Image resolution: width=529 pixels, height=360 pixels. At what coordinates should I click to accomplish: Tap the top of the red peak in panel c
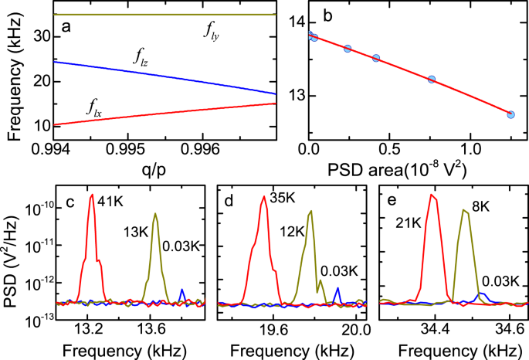point(92,195)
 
